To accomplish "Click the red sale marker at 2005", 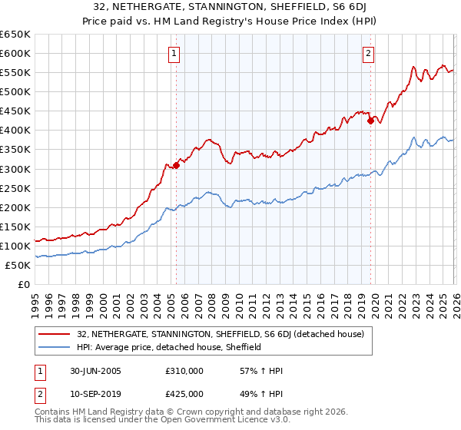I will tap(177, 164).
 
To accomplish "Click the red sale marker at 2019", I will tap(370, 120).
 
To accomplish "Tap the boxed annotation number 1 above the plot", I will tap(176, 53).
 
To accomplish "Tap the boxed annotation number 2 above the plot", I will tap(369, 53).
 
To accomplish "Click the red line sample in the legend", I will tap(54, 334).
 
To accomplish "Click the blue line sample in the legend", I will tap(54, 347).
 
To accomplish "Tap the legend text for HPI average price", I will tap(169, 347).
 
